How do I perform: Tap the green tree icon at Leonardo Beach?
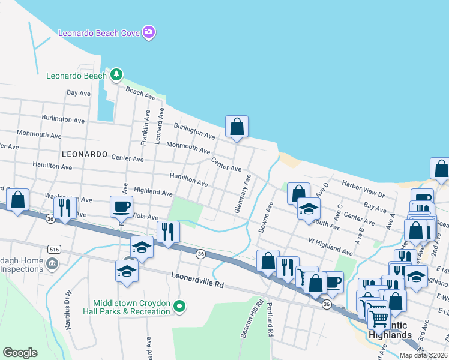click(116, 76)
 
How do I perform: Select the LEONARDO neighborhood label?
click(84, 154)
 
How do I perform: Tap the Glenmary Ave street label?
click(243, 194)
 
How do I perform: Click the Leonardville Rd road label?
click(197, 280)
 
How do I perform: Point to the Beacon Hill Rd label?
click(253, 319)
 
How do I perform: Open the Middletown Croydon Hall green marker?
click(178, 308)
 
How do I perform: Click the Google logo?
click(20, 353)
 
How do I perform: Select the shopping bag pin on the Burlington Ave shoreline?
click(237, 127)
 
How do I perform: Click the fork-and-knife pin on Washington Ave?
click(65, 207)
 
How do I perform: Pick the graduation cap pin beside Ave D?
click(309, 209)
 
